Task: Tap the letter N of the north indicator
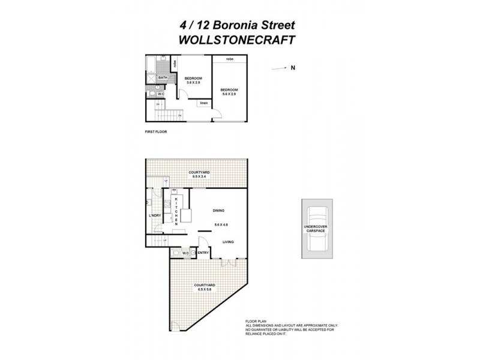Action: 293,68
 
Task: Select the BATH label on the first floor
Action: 163,78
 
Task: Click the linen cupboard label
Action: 204,103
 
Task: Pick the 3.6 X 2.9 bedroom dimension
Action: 193,83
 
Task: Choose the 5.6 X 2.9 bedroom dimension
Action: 229,94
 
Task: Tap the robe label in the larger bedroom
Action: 230,59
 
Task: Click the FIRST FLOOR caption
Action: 156,130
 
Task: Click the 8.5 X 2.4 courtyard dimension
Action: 199,177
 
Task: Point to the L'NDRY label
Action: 155,215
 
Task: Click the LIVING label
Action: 228,242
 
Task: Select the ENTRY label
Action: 203,253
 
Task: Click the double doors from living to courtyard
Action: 229,263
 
